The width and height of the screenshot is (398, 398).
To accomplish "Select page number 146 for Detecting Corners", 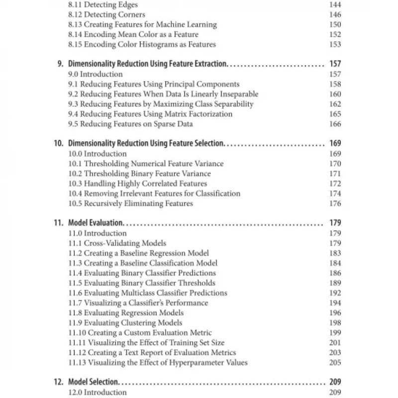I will [335, 14].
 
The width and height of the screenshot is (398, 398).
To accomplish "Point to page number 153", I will [335, 44].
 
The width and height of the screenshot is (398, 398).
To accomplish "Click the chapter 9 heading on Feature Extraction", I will [147, 64].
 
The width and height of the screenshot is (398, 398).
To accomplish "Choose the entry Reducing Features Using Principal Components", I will [154, 84].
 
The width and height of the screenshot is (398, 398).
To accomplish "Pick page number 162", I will [335, 104].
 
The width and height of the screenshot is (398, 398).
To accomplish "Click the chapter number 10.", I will [59, 144].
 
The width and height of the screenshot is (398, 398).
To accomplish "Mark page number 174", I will [335, 194].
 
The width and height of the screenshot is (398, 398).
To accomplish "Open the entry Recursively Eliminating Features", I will [130, 203].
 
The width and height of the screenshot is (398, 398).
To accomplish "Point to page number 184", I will [335, 263].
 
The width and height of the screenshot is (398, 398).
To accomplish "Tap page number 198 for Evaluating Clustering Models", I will [335, 323].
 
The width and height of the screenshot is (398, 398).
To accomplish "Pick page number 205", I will [335, 363].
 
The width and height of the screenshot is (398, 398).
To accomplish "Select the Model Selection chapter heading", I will [93, 383].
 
